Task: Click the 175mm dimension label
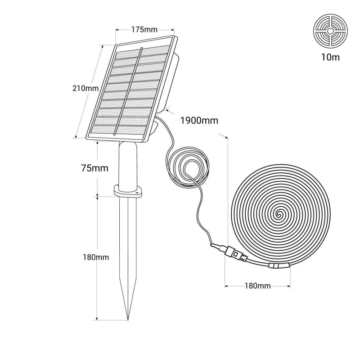(x=144, y=30)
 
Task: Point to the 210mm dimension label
(x=85, y=88)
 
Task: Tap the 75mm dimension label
(x=94, y=168)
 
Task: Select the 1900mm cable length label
(x=199, y=121)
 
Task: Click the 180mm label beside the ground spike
(x=96, y=257)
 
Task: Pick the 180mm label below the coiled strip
(x=257, y=286)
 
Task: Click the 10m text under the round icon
(x=330, y=57)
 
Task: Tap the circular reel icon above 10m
(x=330, y=31)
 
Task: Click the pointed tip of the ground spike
(x=128, y=319)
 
